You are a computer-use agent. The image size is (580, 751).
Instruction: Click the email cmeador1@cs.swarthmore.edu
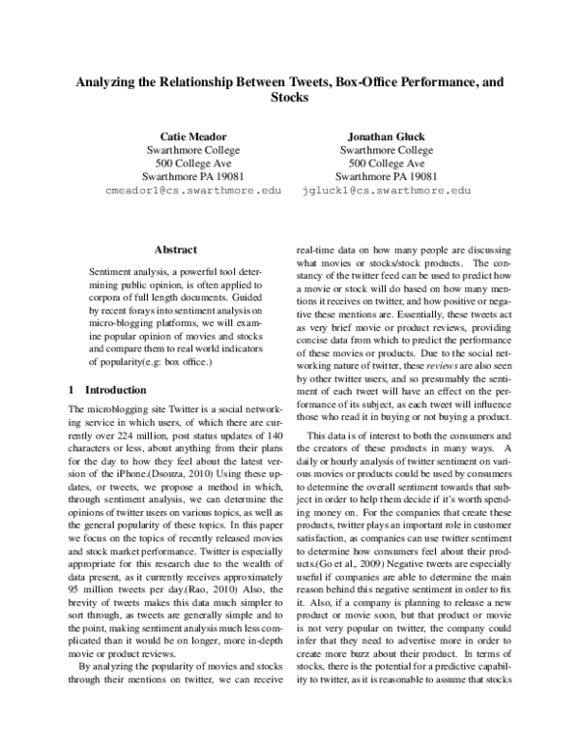193,192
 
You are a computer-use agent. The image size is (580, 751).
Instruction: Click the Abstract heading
175,249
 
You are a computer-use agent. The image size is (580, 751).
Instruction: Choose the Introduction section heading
88,390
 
